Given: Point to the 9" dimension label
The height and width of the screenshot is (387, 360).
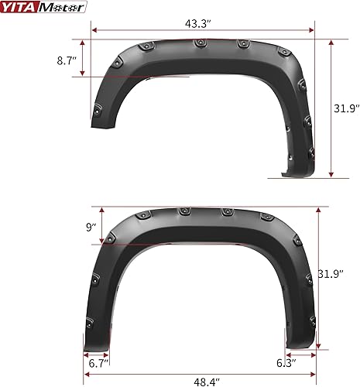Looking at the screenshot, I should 92,228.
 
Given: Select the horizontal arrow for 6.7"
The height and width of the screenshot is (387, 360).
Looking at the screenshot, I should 95,352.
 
